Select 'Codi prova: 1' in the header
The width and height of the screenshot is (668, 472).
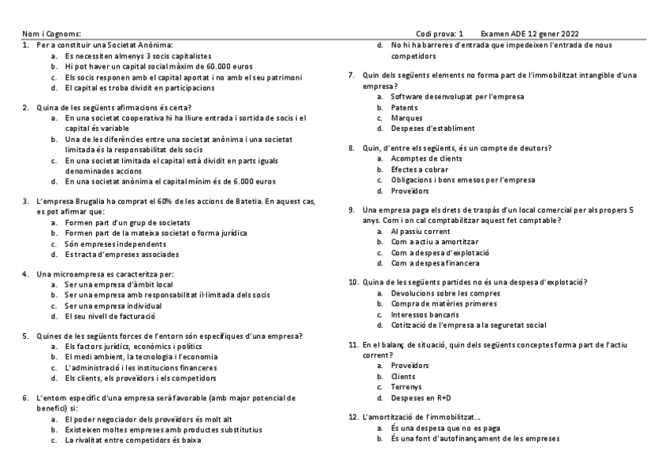pyautogui.click(x=440, y=34)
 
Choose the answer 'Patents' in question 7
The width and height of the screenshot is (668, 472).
pyautogui.click(x=404, y=106)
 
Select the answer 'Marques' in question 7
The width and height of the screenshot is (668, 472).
pyautogui.click(x=406, y=117)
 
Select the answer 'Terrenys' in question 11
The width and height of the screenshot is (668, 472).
pyautogui.click(x=407, y=387)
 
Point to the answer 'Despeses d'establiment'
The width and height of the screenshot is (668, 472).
pyautogui.click(x=432, y=128)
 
